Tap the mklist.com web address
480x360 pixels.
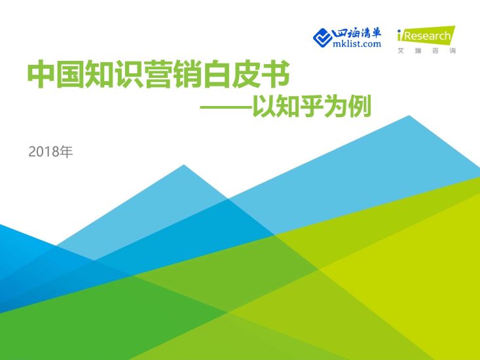pos(357,45)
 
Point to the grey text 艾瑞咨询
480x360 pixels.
pos(426,50)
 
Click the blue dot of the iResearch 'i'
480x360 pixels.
pos(401,31)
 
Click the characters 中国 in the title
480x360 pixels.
pos(54,77)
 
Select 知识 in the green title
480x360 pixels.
pos(119,77)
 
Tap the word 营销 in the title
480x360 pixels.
pos(184,77)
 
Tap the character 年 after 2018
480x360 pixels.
pos(65,153)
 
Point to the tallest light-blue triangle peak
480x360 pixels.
pos(409,117)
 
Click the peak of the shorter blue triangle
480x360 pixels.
pos(184,166)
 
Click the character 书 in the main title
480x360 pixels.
pos(276,77)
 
